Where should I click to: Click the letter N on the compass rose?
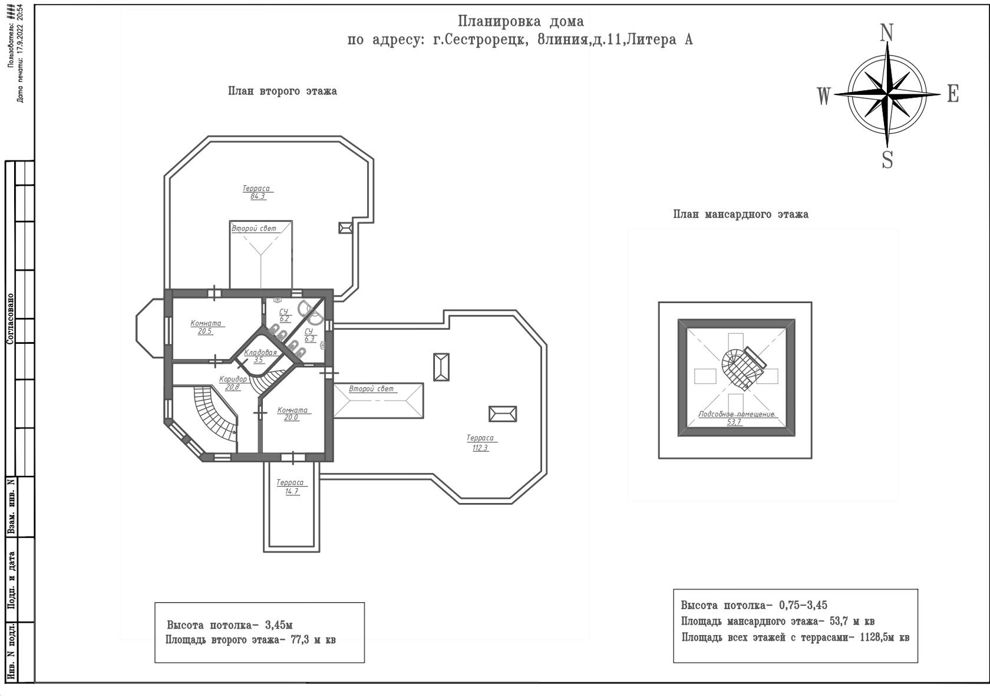pos(886,33)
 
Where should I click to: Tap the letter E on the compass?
pos(953,94)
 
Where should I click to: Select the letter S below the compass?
pos(887,160)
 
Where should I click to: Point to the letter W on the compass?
pos(824,96)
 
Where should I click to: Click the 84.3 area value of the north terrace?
pos(258,196)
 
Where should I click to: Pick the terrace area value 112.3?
pos(480,448)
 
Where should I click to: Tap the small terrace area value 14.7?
pos(292,491)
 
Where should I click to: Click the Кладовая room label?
pos(260,353)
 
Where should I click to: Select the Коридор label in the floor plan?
pos(233,379)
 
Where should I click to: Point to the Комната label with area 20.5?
pos(206,323)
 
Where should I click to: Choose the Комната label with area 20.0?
pos(292,410)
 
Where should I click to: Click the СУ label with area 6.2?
pos(283,311)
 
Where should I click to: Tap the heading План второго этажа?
pos(282,91)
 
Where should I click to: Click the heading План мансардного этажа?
pos(741,215)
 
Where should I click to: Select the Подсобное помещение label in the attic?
pos(736,414)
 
